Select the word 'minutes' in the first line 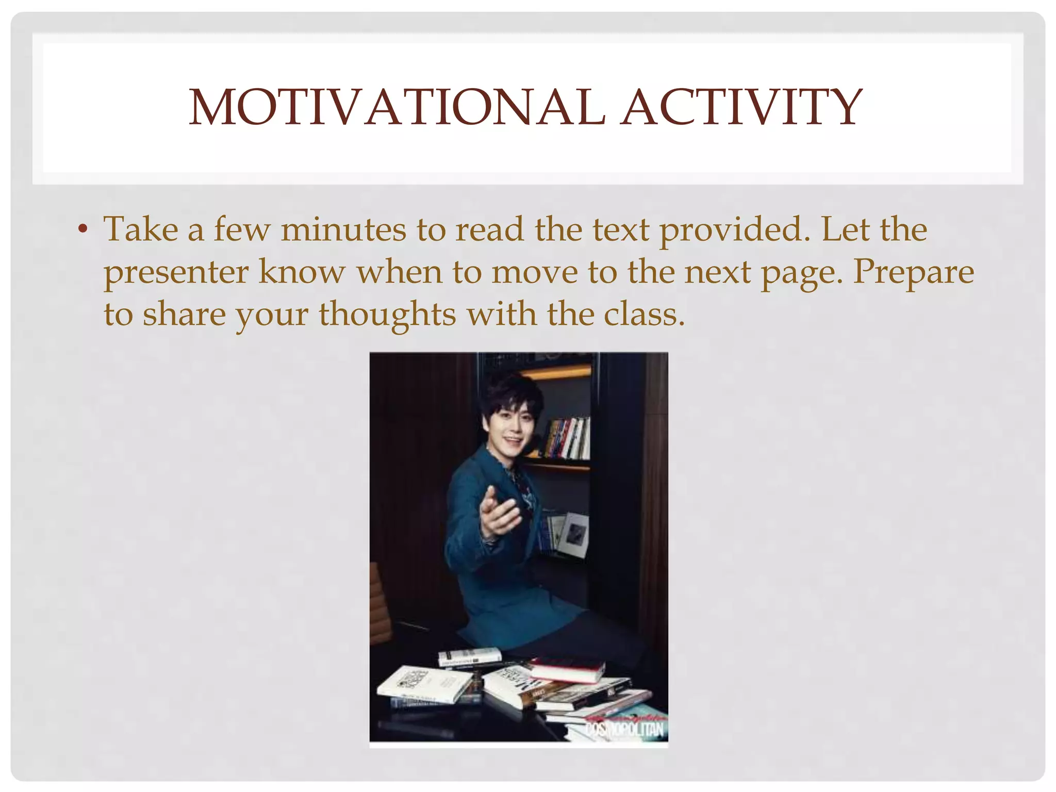(x=343, y=229)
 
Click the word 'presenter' (x=176, y=272)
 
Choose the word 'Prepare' (x=913, y=272)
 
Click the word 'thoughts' (x=387, y=315)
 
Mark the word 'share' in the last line (x=184, y=315)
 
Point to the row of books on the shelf (x=567, y=438)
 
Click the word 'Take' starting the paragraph (x=141, y=229)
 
